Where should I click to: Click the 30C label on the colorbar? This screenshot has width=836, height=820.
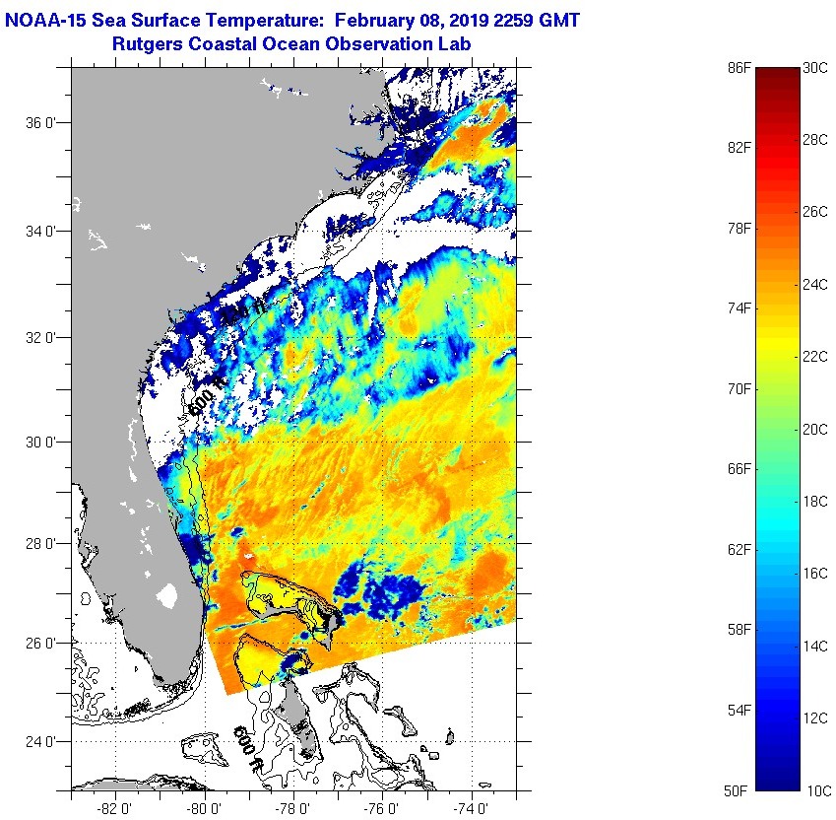[817, 68]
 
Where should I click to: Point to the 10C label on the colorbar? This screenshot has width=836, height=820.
[817, 790]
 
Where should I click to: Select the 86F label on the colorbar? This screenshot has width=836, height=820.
[740, 68]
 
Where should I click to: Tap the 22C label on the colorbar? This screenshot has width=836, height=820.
[817, 357]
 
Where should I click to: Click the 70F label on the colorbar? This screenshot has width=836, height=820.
[740, 389]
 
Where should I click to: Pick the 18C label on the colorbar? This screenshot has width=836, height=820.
[817, 502]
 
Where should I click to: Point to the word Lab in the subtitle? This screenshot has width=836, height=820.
[454, 44]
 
